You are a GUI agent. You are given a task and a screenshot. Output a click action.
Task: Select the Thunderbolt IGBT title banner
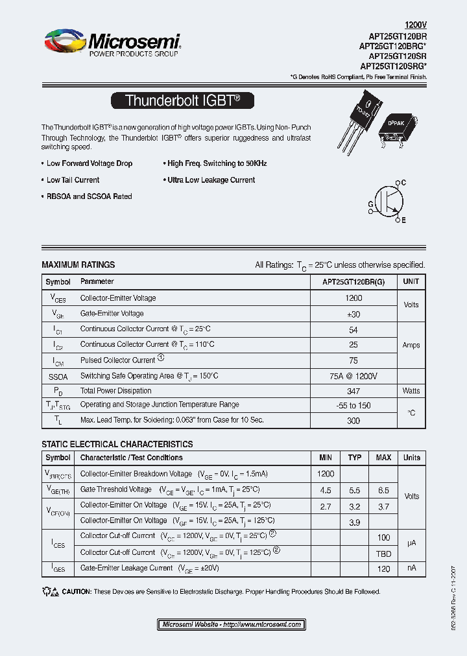(x=182, y=100)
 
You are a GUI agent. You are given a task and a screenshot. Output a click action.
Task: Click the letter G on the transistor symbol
(x=370, y=204)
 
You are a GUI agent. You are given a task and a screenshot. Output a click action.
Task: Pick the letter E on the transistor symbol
(x=403, y=220)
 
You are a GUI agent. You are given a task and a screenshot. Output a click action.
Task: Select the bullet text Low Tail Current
(x=73, y=180)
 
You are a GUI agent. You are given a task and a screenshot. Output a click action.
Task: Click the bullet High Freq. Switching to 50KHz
(x=217, y=164)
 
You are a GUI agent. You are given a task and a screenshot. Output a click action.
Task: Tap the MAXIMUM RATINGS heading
(x=78, y=265)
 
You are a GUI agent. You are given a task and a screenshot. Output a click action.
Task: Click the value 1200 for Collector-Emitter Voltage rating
(x=353, y=298)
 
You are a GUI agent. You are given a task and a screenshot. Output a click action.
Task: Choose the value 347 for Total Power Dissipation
(x=353, y=391)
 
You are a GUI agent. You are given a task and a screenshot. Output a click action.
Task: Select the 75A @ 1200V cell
(x=353, y=376)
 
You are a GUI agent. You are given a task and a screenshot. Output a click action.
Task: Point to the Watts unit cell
(x=411, y=391)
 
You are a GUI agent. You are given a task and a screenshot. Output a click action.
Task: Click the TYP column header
(x=355, y=458)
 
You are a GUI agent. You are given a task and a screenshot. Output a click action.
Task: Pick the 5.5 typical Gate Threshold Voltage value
(x=355, y=489)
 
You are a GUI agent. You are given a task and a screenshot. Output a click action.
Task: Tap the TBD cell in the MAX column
(x=383, y=553)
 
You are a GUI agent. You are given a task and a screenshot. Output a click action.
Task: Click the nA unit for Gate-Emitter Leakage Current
(x=411, y=568)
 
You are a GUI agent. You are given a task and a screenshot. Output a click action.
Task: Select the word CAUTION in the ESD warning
(x=77, y=592)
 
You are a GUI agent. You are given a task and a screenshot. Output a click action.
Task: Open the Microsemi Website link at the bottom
(x=232, y=624)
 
